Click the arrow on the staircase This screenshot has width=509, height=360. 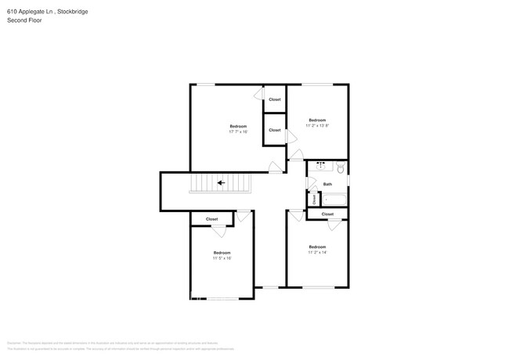coord(222,183)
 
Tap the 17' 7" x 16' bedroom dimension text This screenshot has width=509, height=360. coord(238,131)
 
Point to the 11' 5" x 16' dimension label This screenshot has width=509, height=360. coord(222,257)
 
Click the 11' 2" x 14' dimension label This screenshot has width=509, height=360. coord(317,252)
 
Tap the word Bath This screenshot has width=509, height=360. coord(327,184)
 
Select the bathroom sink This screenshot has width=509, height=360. coord(321,166)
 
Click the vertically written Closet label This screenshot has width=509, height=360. coord(314,199)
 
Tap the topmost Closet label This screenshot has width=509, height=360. coord(275,99)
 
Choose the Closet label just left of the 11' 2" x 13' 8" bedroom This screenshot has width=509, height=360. coord(275,130)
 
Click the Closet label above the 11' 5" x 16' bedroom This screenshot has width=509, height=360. coord(211,219)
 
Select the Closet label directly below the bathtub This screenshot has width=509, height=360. coord(327,214)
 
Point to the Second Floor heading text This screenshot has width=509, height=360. coord(25,20)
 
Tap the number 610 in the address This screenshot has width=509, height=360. coord(12,12)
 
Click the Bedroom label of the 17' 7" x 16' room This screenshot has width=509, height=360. coord(238,126)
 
